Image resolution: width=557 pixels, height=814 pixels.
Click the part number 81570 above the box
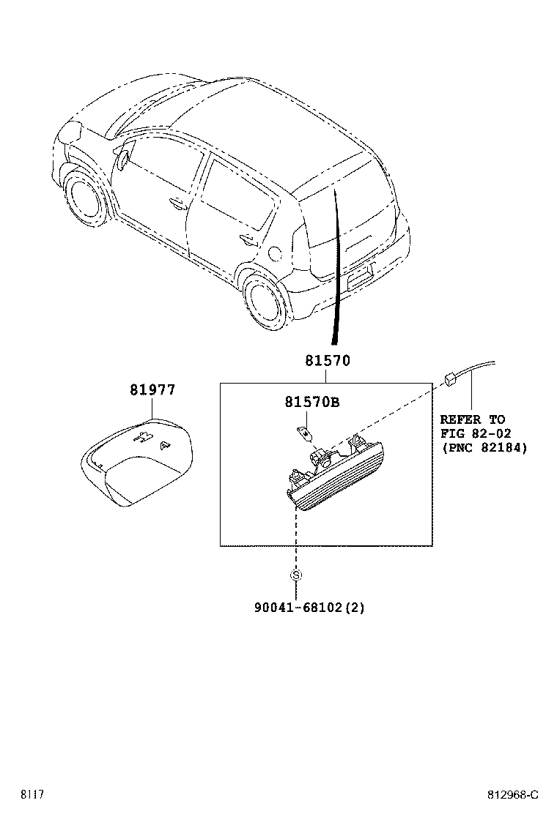click(x=327, y=361)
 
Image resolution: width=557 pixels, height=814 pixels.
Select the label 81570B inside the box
click(x=312, y=402)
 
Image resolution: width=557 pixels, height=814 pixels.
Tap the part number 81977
click(x=152, y=390)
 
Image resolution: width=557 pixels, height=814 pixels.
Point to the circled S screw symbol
click(x=296, y=575)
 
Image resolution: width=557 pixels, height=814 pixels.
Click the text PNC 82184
click(x=484, y=447)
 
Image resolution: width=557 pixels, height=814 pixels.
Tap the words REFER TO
click(x=473, y=419)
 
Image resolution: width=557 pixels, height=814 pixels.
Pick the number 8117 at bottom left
click(x=31, y=795)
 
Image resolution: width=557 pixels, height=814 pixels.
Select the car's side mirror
click(x=122, y=156)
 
